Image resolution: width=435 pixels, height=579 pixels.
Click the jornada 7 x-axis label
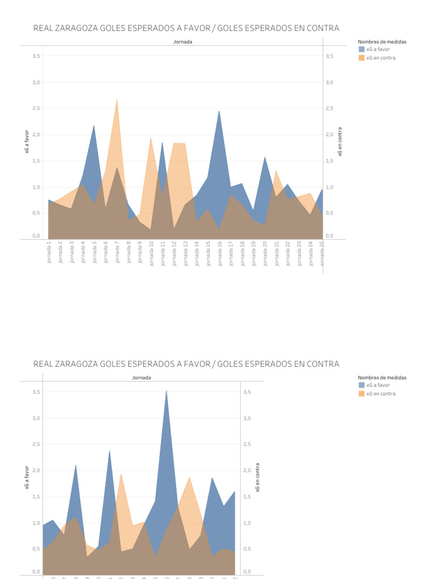(117, 253)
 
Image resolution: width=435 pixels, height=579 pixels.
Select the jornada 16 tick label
(220, 253)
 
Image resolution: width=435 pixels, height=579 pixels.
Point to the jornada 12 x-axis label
(174, 253)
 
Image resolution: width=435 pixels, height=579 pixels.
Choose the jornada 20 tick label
(265, 253)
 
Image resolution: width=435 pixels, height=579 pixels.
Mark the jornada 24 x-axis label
(310, 253)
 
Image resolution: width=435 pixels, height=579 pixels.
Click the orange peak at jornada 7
(117, 100)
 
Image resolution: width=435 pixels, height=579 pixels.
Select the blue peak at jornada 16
(219, 111)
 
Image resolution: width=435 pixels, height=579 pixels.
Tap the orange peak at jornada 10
(151, 138)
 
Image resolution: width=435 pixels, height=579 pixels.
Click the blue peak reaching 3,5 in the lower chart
(166, 391)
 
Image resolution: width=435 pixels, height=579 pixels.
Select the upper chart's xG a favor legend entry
(378, 49)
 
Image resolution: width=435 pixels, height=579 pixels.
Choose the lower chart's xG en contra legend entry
(381, 394)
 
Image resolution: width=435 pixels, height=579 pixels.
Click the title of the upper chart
(186, 28)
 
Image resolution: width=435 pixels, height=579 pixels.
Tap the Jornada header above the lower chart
(142, 377)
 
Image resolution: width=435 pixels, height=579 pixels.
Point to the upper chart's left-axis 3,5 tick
(36, 56)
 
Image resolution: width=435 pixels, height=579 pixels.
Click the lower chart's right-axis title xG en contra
(258, 478)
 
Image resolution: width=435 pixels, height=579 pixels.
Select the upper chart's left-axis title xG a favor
(27, 142)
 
